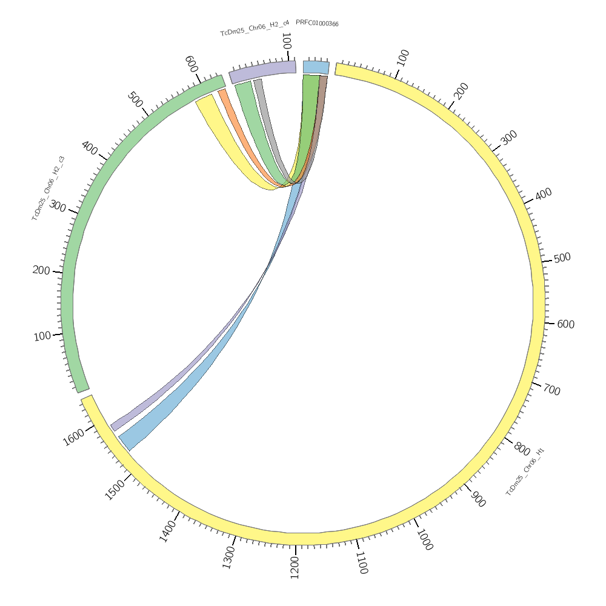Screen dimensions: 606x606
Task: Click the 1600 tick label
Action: [x=73, y=437]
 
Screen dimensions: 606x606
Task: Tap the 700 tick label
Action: [x=551, y=390]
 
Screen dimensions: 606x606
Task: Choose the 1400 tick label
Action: [x=168, y=531]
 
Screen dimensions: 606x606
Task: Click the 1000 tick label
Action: [x=424, y=539]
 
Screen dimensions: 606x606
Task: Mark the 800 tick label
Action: [x=521, y=449]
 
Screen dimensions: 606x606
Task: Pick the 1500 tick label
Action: [x=116, y=489]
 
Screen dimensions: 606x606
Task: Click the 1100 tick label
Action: [x=361, y=562]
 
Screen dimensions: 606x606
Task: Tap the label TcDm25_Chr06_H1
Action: [x=525, y=472]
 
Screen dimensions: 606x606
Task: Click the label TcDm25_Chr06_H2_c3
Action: [x=48, y=188]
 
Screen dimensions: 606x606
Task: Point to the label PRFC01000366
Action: [x=317, y=23]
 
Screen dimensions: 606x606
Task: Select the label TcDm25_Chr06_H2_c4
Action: [x=255, y=29]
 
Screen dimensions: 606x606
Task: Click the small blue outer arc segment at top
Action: [x=316, y=67]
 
